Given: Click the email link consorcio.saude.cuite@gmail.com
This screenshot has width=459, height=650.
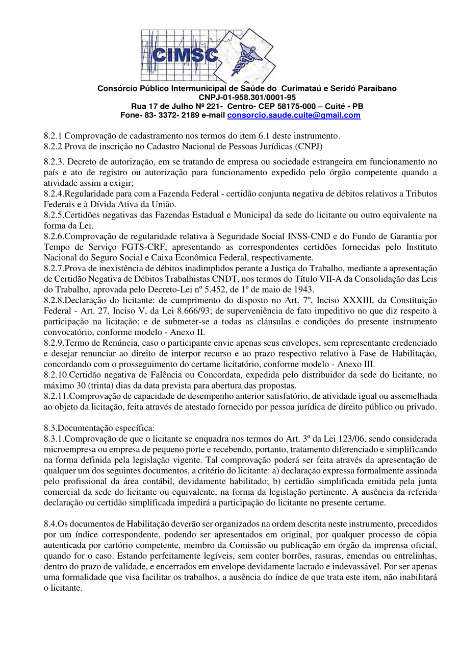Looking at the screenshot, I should tap(293, 115).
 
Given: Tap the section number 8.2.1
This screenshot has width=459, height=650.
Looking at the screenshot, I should tap(53, 136).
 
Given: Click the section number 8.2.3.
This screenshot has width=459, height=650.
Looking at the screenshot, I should tap(54, 161).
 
